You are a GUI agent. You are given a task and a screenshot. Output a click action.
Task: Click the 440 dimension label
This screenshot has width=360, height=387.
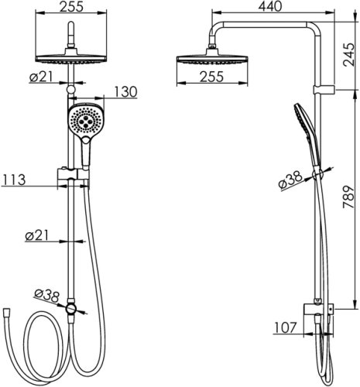(270, 6)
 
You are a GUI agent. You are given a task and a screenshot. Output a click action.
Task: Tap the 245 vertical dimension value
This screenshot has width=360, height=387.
(349, 55)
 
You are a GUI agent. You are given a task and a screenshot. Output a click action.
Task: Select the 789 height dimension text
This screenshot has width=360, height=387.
(349, 197)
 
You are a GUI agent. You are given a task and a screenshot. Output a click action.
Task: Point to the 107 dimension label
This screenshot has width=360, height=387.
(285, 328)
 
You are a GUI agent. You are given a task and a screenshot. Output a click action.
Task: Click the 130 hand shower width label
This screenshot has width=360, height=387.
(125, 91)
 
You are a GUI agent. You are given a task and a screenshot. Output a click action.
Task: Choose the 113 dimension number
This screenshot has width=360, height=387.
(14, 180)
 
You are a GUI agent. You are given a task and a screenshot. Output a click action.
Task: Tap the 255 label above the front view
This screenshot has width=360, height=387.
(71, 7)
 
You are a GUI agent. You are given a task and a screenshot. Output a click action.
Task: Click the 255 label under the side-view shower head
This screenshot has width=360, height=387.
(211, 77)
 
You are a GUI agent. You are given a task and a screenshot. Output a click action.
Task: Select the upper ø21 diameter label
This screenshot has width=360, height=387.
(41, 77)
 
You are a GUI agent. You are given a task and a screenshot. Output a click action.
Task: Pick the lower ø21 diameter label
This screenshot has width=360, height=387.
(37, 235)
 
